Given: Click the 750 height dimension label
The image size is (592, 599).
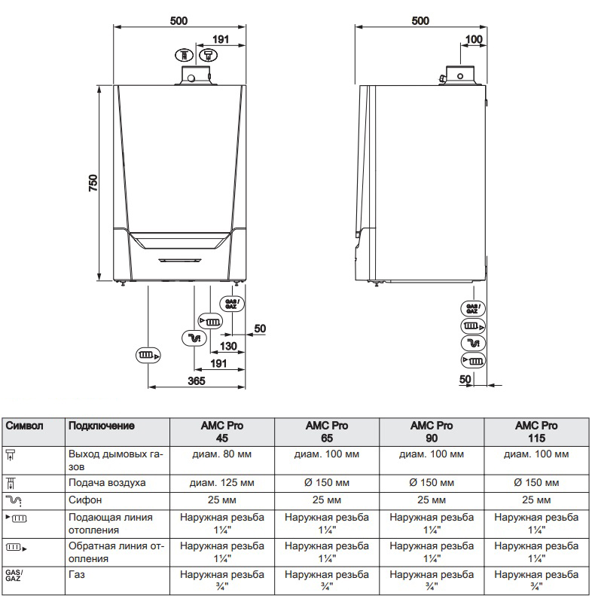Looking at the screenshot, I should [x=93, y=184].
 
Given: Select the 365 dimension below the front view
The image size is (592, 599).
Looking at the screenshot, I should [x=196, y=381].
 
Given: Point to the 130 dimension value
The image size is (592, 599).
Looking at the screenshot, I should [x=229, y=346].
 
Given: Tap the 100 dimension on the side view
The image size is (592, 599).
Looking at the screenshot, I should [x=474, y=39].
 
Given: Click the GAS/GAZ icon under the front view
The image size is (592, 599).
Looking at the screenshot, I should [x=232, y=304].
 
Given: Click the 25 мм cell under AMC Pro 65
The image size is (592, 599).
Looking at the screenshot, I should [x=326, y=500].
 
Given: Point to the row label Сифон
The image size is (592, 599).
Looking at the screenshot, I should [x=84, y=500].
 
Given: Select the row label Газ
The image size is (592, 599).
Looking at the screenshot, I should [x=76, y=575].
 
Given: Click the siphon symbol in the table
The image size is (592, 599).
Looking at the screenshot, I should [x=15, y=500].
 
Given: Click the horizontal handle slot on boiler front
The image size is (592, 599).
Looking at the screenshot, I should [x=179, y=260].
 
